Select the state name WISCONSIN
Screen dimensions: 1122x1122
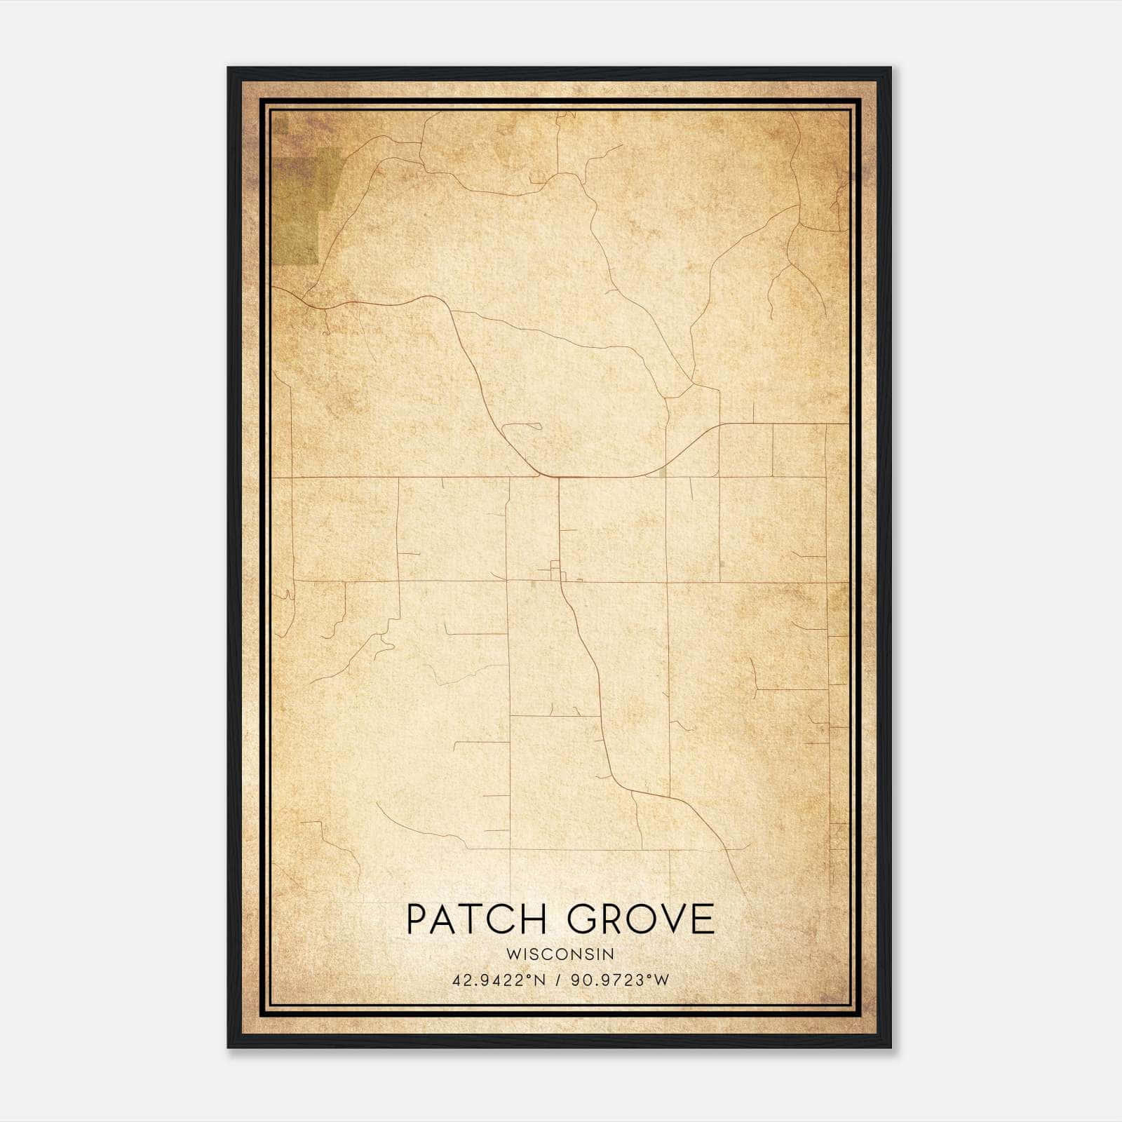[x=560, y=954]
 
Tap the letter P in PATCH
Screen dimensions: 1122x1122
[x=418, y=919]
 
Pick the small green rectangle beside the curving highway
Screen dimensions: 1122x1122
[x=663, y=474]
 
